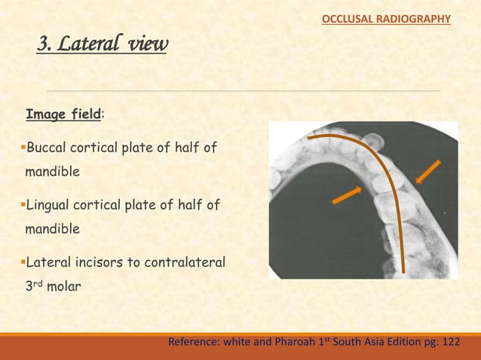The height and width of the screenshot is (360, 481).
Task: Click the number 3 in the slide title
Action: point(44,47)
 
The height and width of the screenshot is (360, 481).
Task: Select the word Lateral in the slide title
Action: point(91,47)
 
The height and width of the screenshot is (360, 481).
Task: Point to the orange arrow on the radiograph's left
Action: point(348,194)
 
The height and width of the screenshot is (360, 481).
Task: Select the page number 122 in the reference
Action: point(449,342)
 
